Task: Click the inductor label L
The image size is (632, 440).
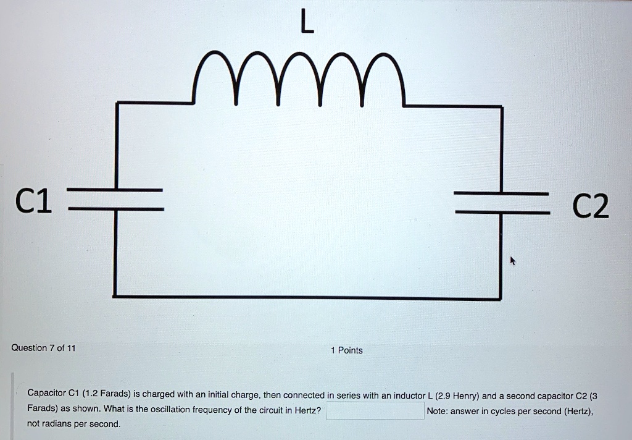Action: click(x=306, y=23)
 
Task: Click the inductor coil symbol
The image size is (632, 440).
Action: click(x=297, y=80)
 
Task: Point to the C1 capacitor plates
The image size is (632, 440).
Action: click(x=115, y=200)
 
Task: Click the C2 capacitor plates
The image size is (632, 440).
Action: click(x=502, y=202)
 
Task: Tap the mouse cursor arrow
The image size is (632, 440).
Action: click(x=512, y=261)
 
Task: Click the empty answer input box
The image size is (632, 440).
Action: click(x=375, y=411)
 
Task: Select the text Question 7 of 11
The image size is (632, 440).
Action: click(x=43, y=348)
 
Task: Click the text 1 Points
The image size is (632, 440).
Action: click(x=347, y=350)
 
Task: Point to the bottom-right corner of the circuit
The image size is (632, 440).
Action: click(x=501, y=299)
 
